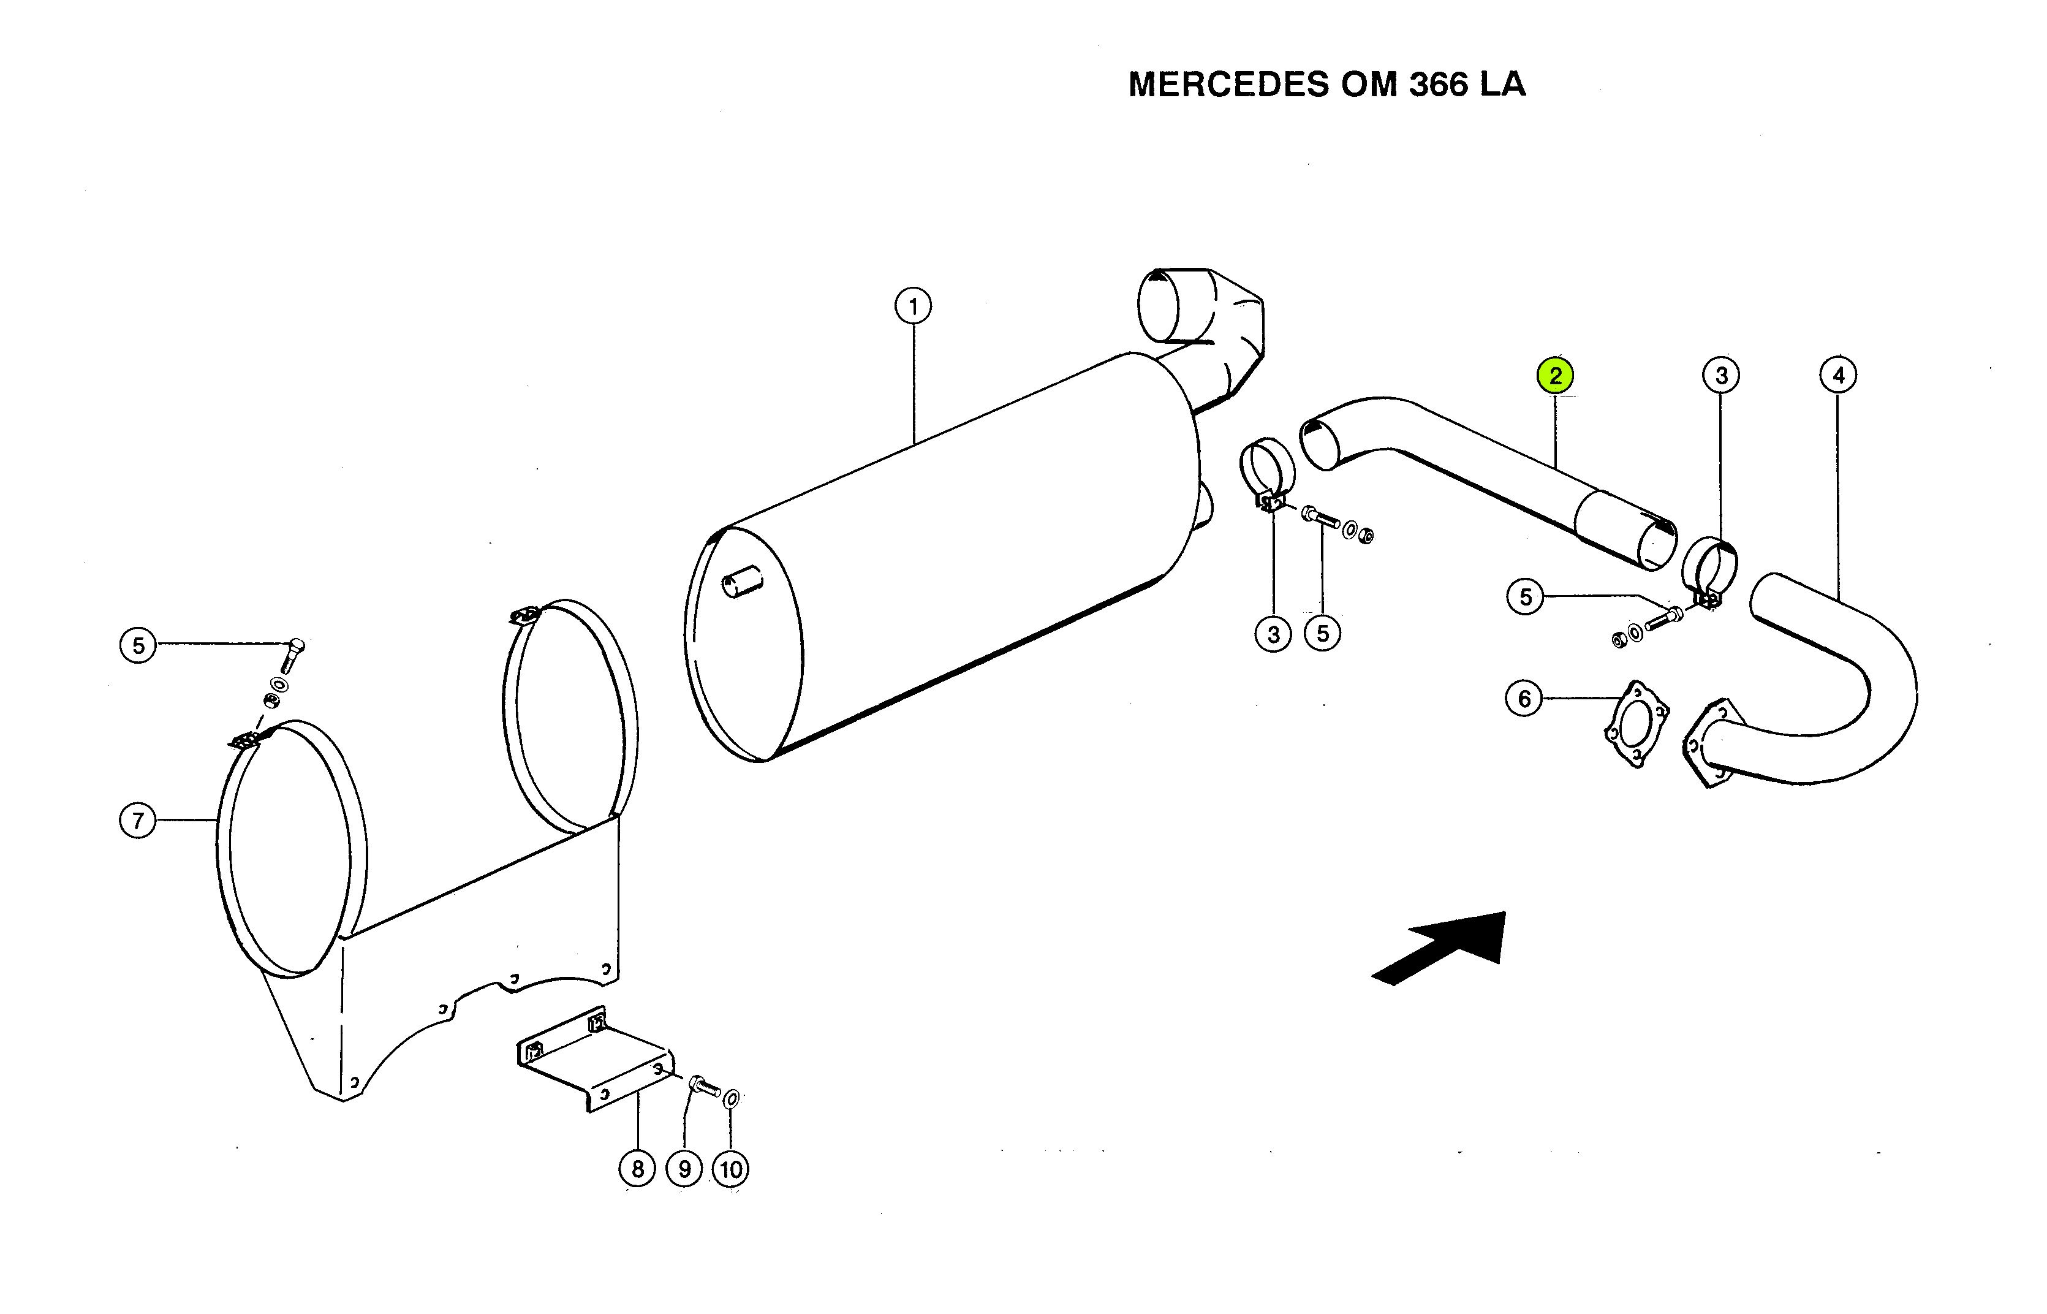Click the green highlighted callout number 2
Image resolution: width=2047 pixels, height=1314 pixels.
pyautogui.click(x=1555, y=376)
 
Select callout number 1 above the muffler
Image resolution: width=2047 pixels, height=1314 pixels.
pyautogui.click(x=914, y=305)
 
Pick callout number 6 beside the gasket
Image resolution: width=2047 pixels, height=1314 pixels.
pyautogui.click(x=1524, y=699)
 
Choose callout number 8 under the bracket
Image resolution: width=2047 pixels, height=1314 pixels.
pyautogui.click(x=637, y=1168)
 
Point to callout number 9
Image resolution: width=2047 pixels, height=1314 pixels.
pyautogui.click(x=684, y=1168)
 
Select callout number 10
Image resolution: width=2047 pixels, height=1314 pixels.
pyautogui.click(x=731, y=1169)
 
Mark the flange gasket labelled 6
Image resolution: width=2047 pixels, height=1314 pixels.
pyautogui.click(x=1636, y=724)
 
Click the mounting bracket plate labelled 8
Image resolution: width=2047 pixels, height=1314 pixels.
pyautogui.click(x=596, y=1058)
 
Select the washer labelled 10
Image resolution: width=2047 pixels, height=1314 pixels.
pyautogui.click(x=731, y=1098)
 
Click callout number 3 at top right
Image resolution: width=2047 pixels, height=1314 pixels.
pyautogui.click(x=1721, y=376)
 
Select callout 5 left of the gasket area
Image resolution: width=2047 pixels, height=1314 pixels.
pyautogui.click(x=1525, y=596)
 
